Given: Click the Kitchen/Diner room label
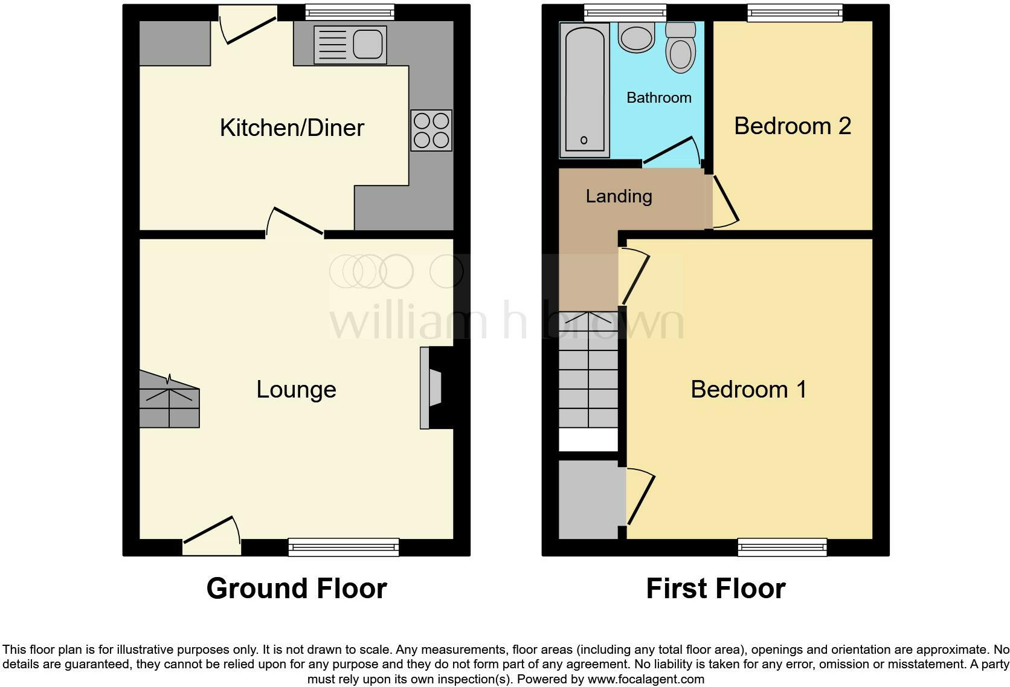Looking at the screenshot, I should (x=292, y=128).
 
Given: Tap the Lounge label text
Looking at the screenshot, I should (x=296, y=390).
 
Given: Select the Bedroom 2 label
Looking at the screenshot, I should (x=793, y=126).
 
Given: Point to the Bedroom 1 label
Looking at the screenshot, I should (x=748, y=390).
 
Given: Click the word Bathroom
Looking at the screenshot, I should (x=658, y=98).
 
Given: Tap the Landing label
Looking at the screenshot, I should (x=619, y=196).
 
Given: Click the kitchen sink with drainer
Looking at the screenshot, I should (x=350, y=45).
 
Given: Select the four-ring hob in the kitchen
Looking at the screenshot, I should (x=431, y=131).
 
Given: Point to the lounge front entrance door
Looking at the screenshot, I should (x=211, y=535).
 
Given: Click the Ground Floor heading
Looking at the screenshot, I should (x=296, y=589).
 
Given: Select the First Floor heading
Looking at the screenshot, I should (x=715, y=589).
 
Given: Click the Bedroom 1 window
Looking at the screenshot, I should (x=782, y=547).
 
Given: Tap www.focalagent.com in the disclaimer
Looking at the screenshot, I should (x=645, y=679).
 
